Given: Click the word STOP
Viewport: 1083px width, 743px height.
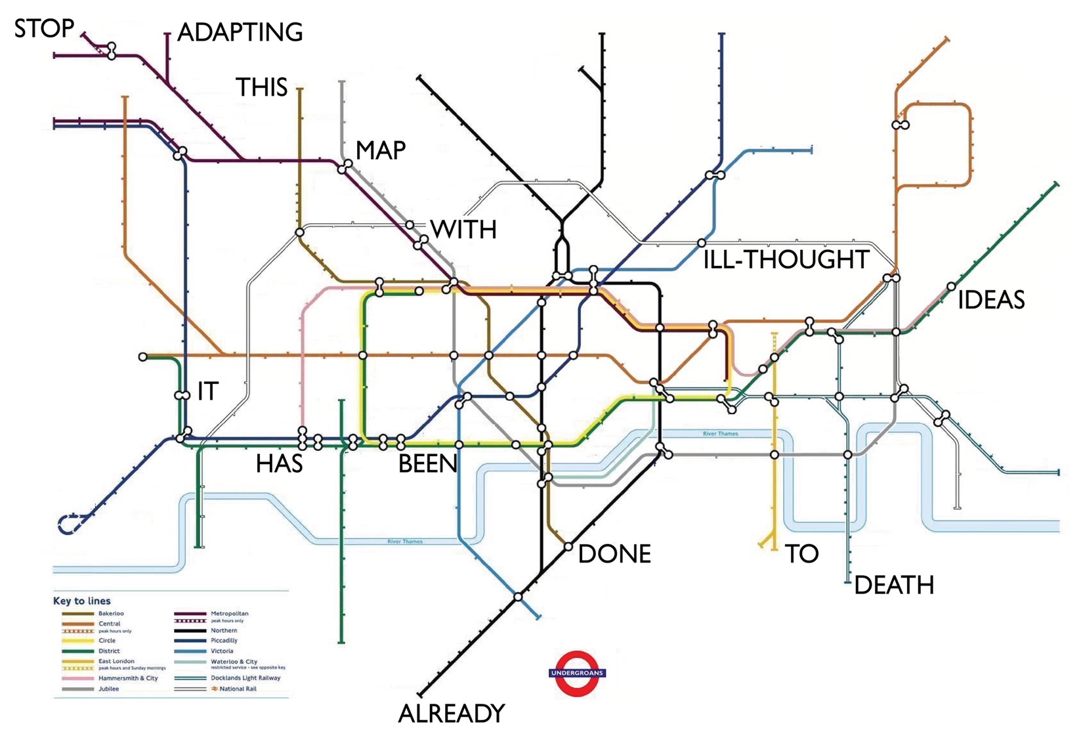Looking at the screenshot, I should [44, 28].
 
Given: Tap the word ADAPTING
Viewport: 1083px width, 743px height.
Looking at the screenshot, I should [240, 32].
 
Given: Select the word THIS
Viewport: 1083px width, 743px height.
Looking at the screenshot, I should [261, 87].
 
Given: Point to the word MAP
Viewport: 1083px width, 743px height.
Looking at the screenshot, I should [381, 150].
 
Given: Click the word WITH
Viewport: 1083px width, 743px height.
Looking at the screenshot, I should [463, 230].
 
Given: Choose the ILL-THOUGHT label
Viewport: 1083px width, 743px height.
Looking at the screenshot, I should [786, 260].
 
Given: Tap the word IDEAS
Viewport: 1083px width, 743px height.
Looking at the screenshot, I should [991, 300].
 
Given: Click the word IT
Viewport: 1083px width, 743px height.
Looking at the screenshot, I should [207, 392].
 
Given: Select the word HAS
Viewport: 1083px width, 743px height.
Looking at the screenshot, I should [279, 464].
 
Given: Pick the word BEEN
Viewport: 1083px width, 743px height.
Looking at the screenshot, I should [427, 464].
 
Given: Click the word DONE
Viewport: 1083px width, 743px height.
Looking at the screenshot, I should [614, 554].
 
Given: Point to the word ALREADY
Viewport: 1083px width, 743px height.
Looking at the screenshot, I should [452, 713].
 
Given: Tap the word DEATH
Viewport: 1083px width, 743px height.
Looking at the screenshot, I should [894, 585].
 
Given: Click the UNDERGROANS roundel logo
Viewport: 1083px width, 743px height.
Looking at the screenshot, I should [577, 673].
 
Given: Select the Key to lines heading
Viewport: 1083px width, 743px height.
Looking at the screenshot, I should [82, 601].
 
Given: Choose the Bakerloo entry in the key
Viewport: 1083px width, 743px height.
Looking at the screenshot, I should [110, 614].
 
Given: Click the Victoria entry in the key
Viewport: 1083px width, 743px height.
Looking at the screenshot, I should [222, 651].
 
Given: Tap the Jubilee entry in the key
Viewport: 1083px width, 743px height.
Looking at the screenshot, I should [108, 689].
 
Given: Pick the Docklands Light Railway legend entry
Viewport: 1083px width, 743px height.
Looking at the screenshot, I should [245, 678].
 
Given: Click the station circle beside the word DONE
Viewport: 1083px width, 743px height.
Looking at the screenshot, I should [568, 546].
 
